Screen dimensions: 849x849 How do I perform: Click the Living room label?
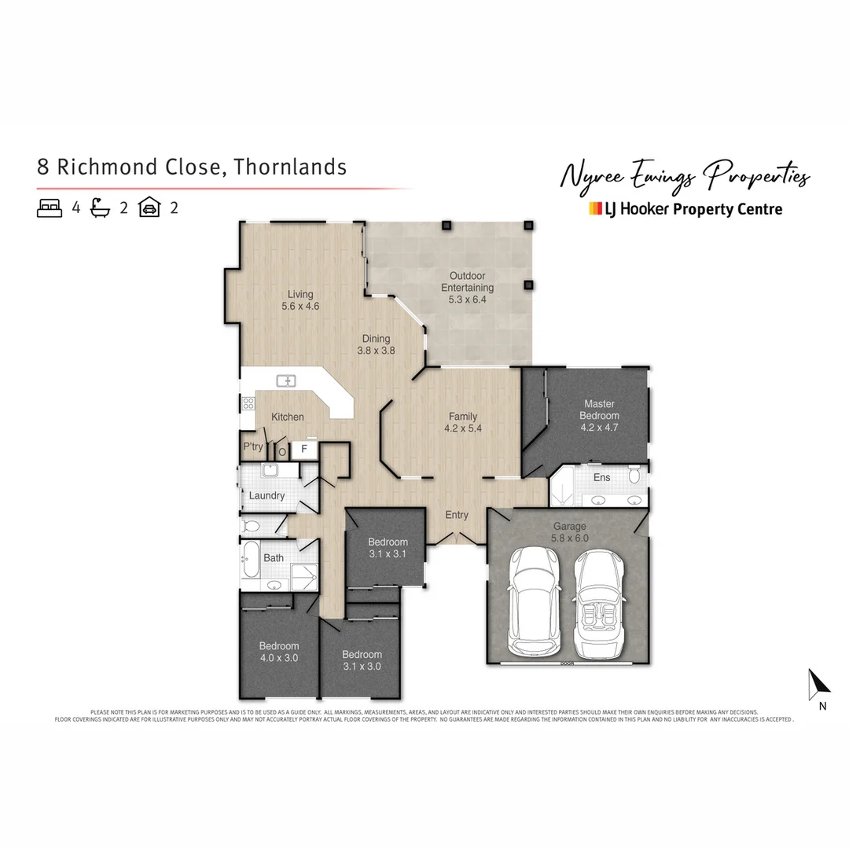coord(300,300)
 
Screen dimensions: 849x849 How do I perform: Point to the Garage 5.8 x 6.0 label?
coord(569,532)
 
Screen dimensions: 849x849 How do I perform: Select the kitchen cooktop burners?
coord(248,403)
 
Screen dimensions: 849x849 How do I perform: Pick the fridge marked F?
coord(303,450)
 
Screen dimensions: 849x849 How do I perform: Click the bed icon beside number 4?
coord(50,208)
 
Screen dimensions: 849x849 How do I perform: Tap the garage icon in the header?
coord(149,208)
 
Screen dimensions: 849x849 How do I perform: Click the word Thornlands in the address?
coord(290,167)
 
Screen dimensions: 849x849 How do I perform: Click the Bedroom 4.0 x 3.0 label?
coord(279,652)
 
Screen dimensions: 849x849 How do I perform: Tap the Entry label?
coord(457,516)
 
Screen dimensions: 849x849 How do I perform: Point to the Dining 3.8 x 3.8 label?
coord(376,344)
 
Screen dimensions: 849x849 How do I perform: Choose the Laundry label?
coord(266,496)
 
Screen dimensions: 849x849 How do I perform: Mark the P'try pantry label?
coord(253,447)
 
